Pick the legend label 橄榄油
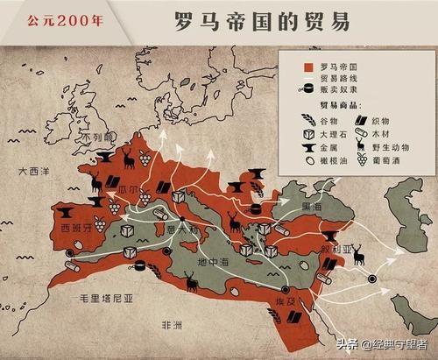click(x=332, y=161)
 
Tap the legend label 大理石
click(x=333, y=133)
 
